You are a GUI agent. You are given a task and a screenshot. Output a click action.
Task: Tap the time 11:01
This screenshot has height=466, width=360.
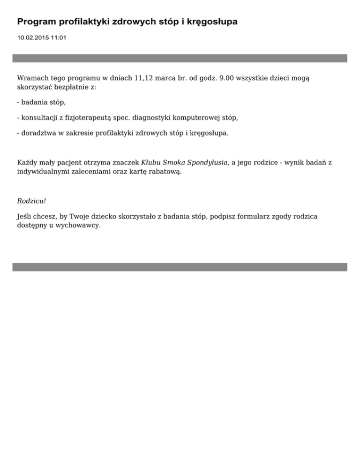point(58,38)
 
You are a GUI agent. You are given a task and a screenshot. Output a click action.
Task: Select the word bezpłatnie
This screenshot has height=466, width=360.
point(72,87)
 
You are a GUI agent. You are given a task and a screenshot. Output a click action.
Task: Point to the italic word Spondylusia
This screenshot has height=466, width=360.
point(207,163)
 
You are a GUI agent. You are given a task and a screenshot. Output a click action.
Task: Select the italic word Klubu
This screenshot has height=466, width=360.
point(151,163)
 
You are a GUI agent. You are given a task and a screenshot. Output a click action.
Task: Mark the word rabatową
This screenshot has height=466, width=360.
point(166,172)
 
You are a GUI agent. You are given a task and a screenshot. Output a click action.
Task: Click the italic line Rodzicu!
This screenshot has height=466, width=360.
point(31,201)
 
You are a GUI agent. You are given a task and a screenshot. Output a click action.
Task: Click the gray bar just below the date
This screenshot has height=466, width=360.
point(180,58)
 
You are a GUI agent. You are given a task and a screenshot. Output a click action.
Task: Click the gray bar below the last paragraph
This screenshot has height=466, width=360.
point(180,267)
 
